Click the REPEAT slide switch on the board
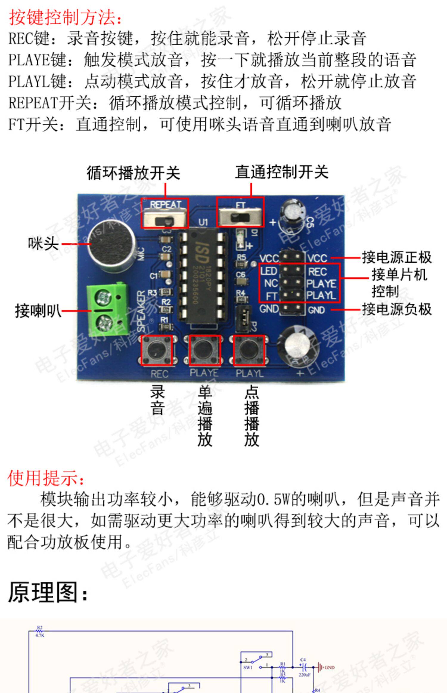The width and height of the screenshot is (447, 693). coord(164,217)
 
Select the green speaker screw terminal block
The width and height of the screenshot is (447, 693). coord(107,309)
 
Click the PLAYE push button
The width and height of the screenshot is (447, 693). coord(205,350)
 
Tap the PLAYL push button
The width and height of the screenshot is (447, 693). coord(249,350)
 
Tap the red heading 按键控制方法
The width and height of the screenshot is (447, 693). coord(66,17)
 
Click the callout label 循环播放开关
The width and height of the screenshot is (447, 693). coord(133,173)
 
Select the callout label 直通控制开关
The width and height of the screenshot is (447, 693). coord(282,172)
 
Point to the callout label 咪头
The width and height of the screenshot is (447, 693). coord(43,244)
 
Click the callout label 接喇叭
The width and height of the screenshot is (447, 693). coord(38,311)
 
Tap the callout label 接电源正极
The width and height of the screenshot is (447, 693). coord(397,257)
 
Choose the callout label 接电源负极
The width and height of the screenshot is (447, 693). coord(397,309)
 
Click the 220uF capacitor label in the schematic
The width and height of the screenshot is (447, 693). coord(305,675)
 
